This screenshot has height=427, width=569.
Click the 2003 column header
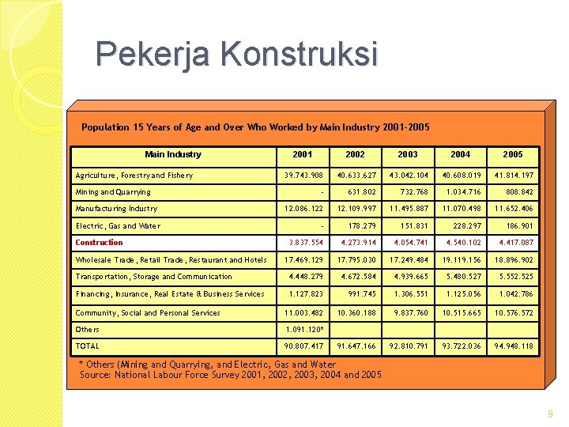coord(408,155)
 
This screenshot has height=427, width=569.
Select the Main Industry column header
coord(173,155)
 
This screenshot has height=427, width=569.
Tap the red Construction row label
coord(100,243)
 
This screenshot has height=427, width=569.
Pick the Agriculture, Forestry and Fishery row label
coord(134,176)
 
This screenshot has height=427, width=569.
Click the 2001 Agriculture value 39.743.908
coord(305,176)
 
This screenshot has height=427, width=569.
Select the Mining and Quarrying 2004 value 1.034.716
coord(463,192)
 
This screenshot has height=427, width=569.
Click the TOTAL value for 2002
coord(356,346)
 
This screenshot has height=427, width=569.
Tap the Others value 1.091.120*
coord(305,329)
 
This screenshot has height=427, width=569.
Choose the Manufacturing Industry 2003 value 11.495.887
coord(409,209)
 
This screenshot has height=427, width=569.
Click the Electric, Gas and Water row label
coord(118,226)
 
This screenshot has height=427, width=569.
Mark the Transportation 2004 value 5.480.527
coord(463,277)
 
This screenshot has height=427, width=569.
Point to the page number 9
coord(550,414)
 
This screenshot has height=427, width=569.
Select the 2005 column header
coord(513,155)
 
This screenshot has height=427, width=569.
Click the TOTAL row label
coord(88,346)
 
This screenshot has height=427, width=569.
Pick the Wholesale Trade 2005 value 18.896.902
coord(514,260)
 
